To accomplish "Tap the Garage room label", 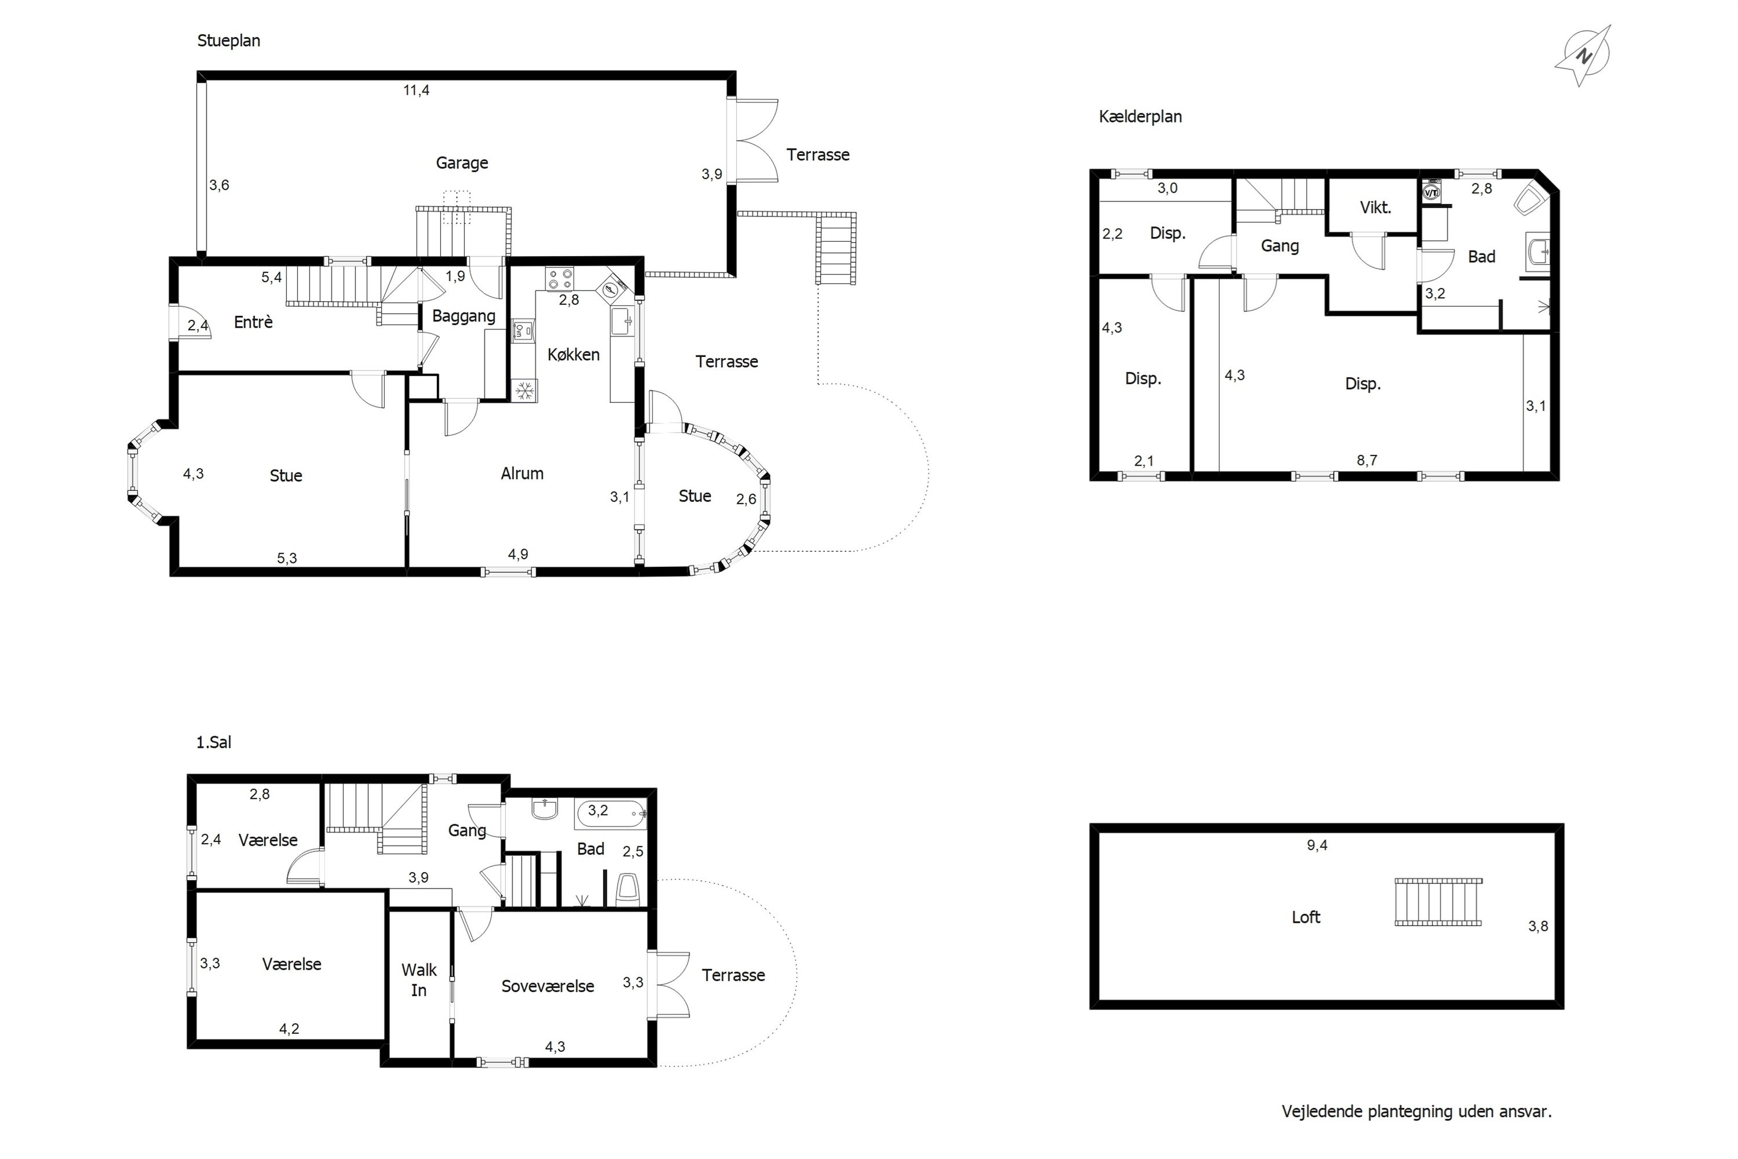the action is click(462, 163).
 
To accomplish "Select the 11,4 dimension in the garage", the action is click(416, 90).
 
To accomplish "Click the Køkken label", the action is click(574, 355).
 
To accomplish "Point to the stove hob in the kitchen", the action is click(560, 279).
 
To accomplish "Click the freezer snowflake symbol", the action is click(525, 391).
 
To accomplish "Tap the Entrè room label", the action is click(254, 322).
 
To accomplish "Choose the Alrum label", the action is click(523, 474).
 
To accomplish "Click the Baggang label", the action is click(463, 316).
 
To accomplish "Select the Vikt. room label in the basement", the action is click(1375, 207).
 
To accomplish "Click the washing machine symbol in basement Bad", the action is click(1432, 192).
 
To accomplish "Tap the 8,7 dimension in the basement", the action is click(1367, 461).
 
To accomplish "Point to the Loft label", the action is click(1306, 917).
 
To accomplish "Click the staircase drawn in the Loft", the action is click(1438, 902).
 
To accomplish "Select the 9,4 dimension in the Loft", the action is click(1317, 845).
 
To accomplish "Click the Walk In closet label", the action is click(419, 980).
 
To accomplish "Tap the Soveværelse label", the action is click(547, 987).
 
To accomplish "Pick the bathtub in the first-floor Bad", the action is click(611, 813).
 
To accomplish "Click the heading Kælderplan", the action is click(1140, 117).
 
